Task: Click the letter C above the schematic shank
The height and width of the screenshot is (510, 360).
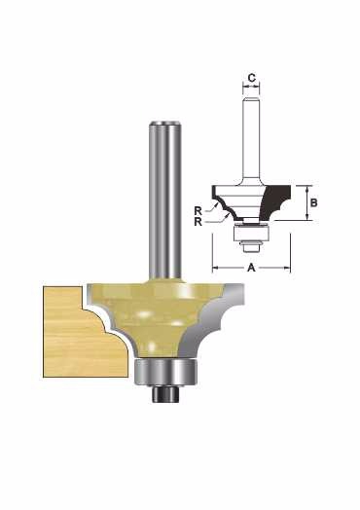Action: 252,78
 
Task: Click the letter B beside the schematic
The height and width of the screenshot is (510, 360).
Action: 313,202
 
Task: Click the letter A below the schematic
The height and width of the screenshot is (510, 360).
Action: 251,268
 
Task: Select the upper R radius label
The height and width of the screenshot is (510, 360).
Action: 198,211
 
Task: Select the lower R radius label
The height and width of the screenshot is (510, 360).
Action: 198,222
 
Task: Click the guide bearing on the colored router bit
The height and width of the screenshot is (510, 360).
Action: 165,372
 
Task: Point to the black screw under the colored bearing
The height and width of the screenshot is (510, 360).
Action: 165,393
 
